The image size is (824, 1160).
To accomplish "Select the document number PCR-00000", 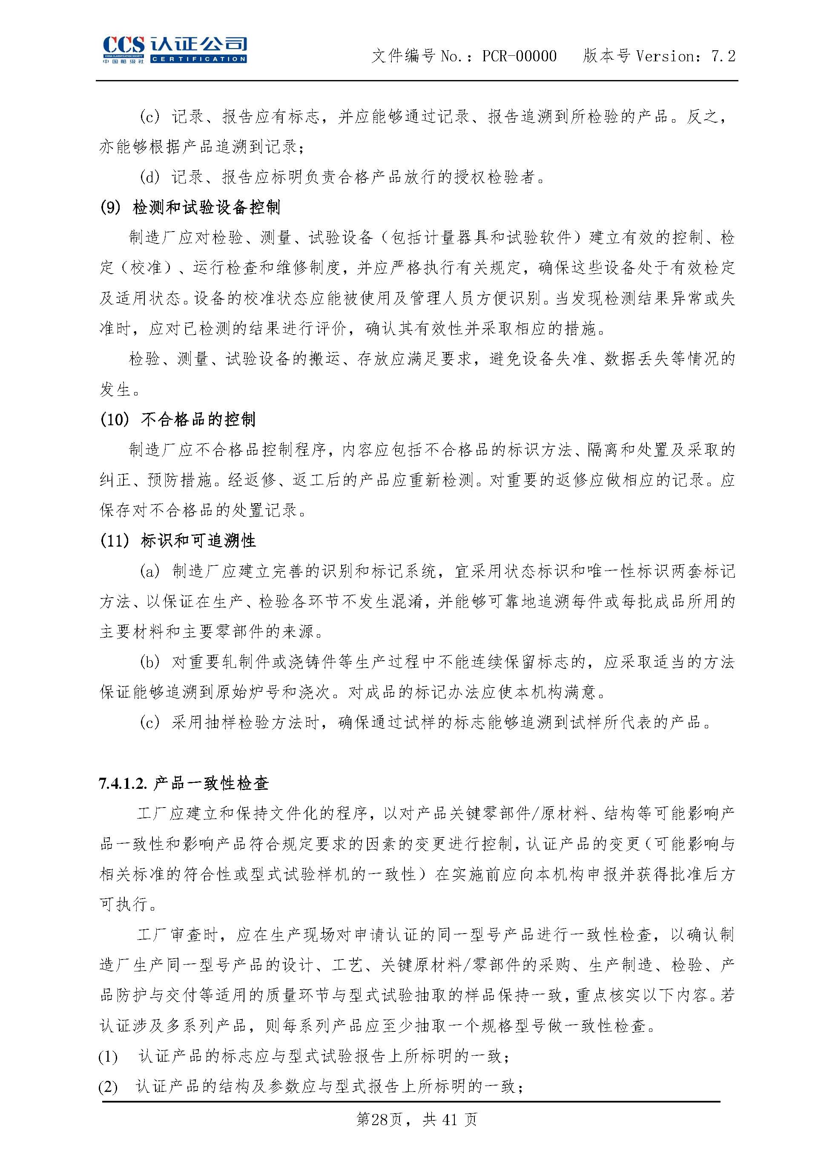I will [519, 56].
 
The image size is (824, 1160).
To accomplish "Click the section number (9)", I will [110, 207].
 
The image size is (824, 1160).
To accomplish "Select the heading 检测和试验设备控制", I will [206, 207].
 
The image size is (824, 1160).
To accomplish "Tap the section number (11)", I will [114, 541].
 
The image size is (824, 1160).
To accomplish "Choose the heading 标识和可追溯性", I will [198, 541].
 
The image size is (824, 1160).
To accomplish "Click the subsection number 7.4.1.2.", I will [123, 784].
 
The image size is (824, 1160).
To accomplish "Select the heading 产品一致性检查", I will [210, 784].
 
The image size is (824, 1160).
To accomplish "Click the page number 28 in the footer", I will [379, 1133].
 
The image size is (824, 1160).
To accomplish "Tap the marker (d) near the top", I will [149, 177].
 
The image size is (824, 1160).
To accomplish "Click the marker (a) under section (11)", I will [149, 572].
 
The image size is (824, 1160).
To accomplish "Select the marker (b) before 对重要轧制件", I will [149, 662].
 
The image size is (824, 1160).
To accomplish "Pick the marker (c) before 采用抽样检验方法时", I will [149, 722].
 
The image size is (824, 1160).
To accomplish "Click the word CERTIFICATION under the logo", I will [198, 59].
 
